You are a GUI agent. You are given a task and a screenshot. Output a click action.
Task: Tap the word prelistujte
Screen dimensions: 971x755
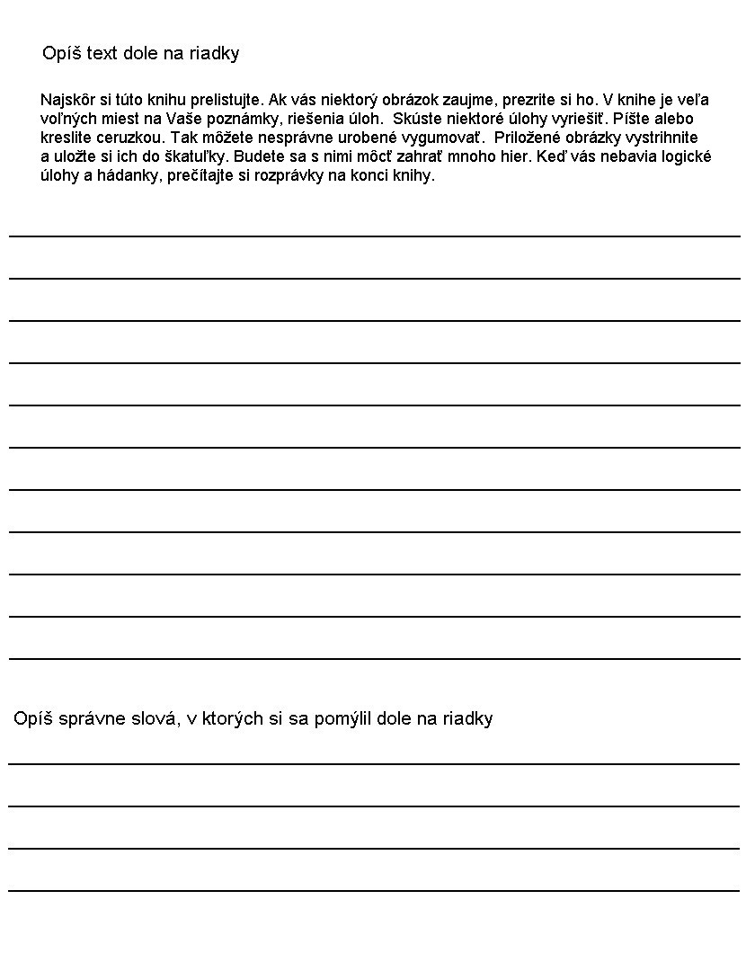[x=227, y=100]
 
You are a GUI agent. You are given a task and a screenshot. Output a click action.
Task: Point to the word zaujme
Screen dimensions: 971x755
[x=442, y=100]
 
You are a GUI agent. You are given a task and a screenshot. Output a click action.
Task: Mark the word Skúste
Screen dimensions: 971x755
[x=416, y=119]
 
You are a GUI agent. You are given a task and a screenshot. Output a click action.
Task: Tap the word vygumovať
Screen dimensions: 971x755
[x=443, y=138]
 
